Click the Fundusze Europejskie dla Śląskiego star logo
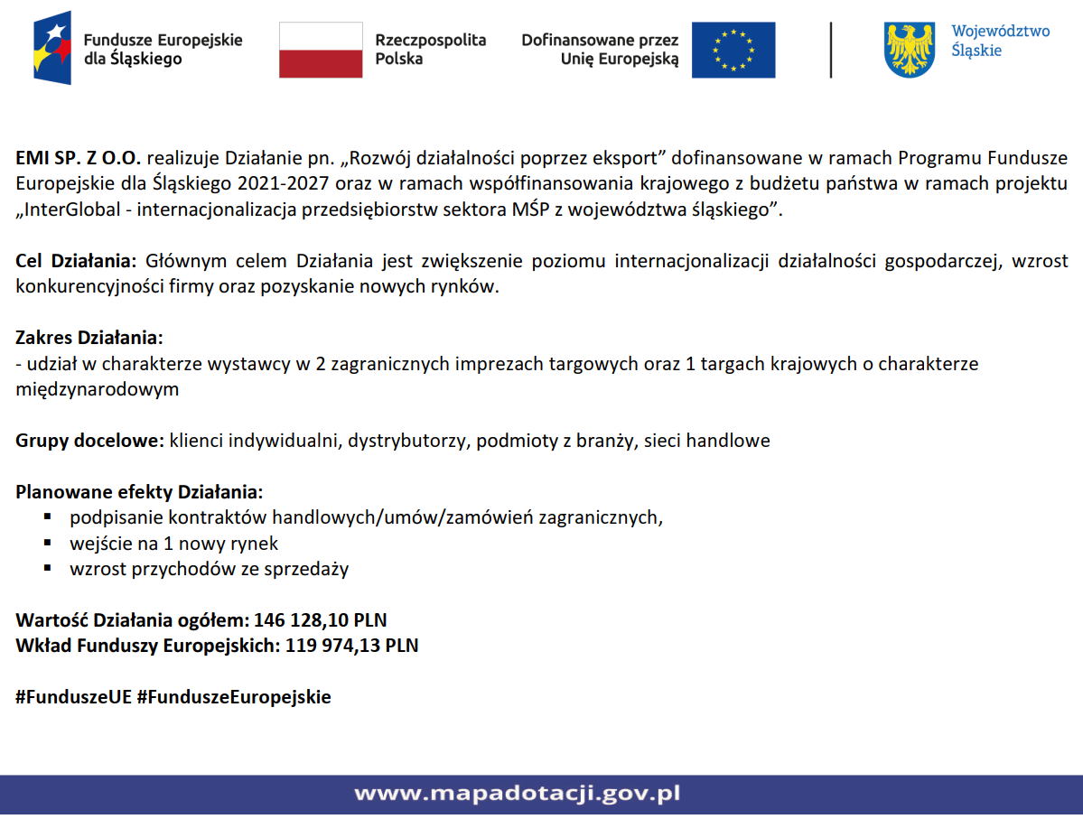click(51, 49)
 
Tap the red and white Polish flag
click(320, 50)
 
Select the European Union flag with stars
click(733, 50)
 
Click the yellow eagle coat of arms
click(909, 50)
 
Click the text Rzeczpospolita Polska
click(430, 50)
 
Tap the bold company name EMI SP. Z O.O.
click(79, 158)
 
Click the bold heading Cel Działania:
click(75, 262)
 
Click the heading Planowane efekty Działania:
click(139, 492)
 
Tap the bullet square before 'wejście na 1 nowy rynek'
click(48, 543)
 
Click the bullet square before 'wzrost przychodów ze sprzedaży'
click(48, 568)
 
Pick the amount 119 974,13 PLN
click(351, 646)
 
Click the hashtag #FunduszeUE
click(73, 697)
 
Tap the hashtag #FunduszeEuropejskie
click(234, 697)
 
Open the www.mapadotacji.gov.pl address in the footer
click(517, 794)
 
